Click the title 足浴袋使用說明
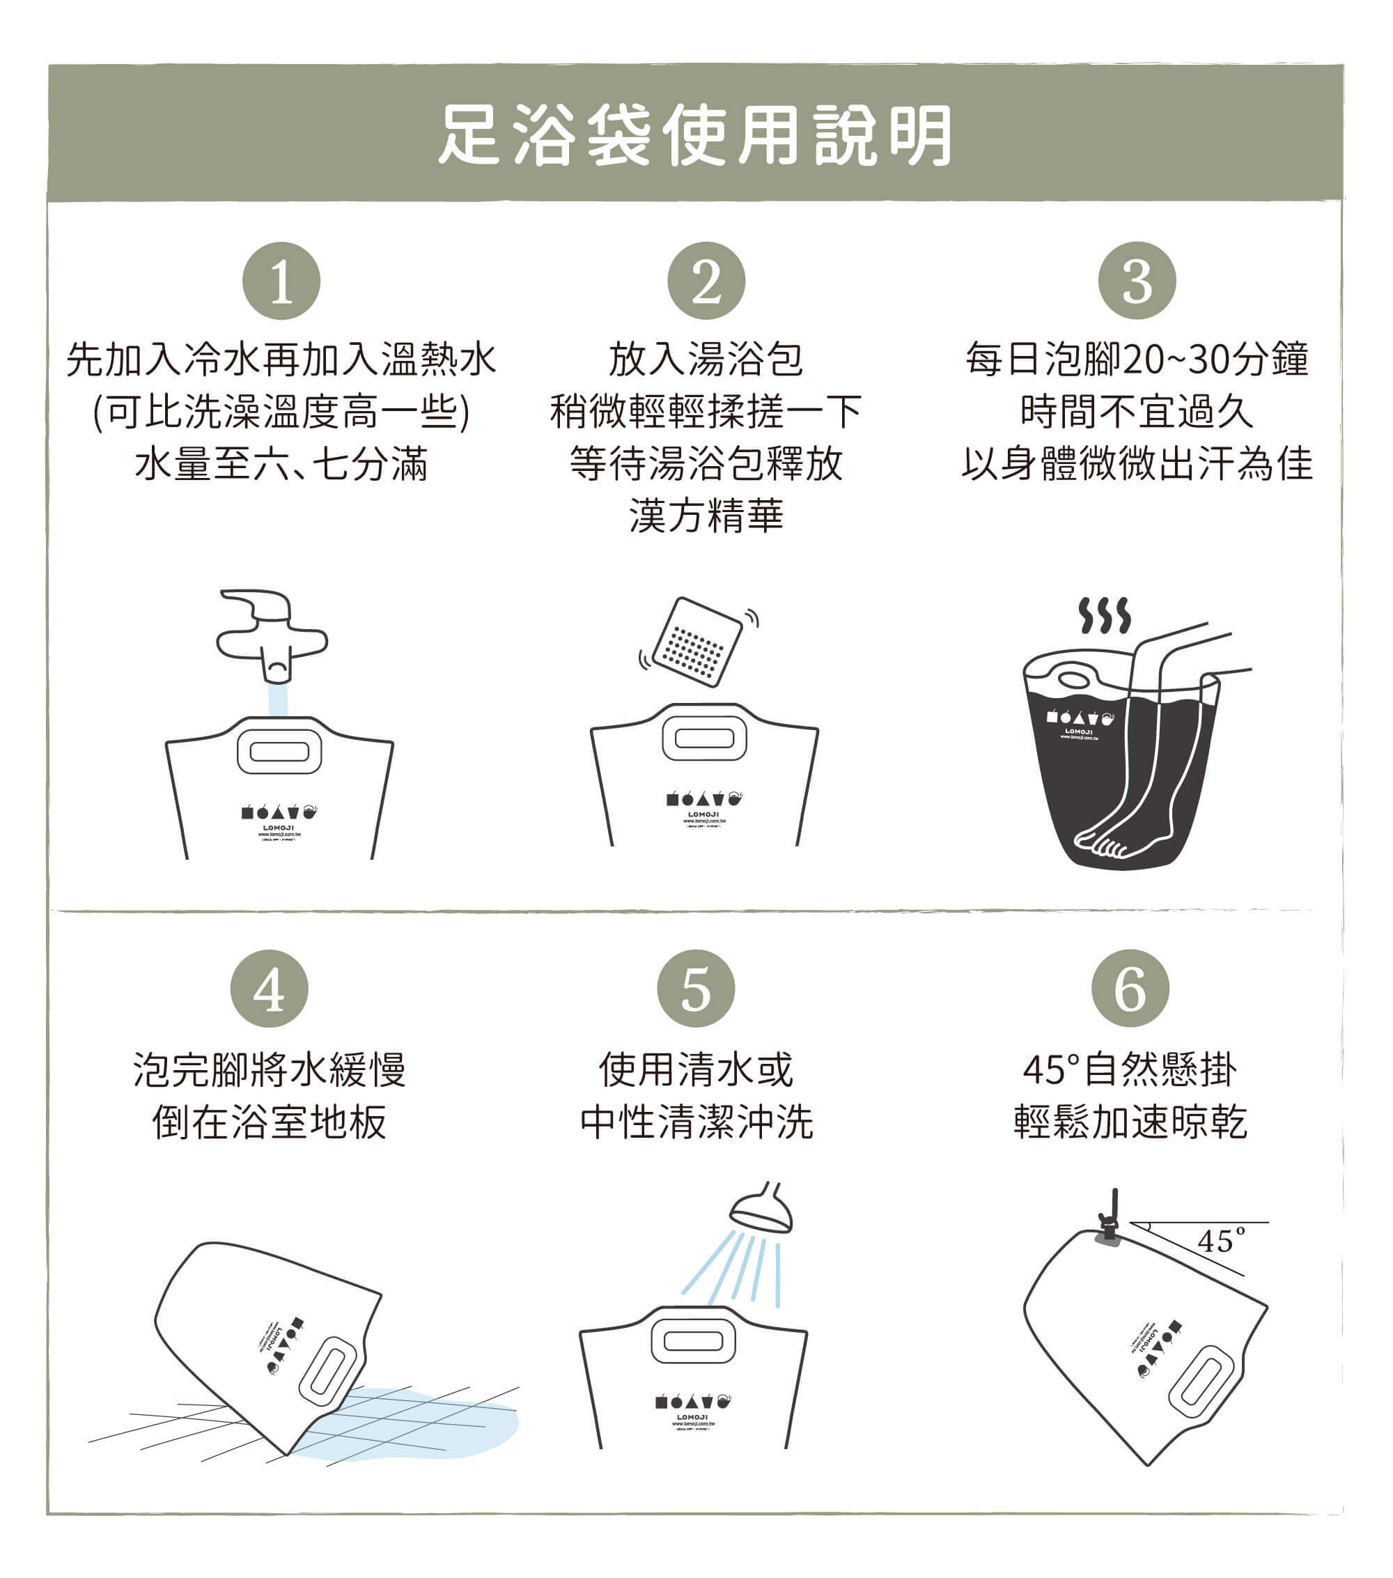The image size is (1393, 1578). click(x=695, y=136)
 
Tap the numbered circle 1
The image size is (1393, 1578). click(x=281, y=281)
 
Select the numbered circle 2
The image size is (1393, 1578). click(x=706, y=281)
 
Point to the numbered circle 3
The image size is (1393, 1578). click(x=1137, y=281)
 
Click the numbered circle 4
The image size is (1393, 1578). click(x=270, y=988)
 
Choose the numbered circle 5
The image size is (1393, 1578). click(x=695, y=988)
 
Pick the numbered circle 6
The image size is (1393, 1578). click(x=1130, y=988)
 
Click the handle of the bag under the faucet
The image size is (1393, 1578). click(x=279, y=751)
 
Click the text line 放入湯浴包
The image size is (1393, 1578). click(x=706, y=359)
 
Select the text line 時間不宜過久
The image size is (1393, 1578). click(x=1136, y=412)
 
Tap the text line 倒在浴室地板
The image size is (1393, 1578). click(x=270, y=1122)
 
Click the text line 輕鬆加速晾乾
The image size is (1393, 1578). click(x=1130, y=1122)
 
